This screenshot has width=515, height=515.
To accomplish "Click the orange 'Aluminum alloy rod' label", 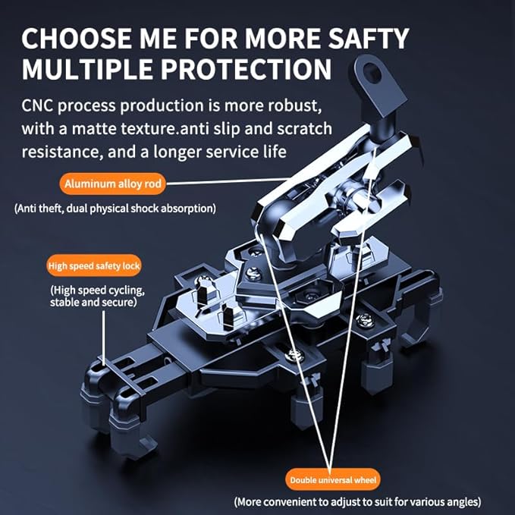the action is (113, 184).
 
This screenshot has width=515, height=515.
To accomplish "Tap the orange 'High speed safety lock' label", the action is (94, 265).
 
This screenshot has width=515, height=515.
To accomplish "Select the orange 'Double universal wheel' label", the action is (332, 480).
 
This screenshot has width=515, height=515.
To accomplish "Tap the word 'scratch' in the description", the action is (304, 128).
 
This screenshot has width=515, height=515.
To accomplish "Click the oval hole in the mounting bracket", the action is (372, 73).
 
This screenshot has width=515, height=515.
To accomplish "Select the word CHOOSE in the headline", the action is (76, 39).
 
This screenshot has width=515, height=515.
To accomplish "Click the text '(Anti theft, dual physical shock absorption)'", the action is (115, 209).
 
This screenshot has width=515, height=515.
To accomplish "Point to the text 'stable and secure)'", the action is (93, 302).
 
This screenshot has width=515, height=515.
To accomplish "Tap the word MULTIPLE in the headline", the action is (87, 69).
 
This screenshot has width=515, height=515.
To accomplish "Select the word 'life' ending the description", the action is (275, 152).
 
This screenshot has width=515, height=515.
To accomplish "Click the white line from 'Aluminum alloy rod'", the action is (228, 181).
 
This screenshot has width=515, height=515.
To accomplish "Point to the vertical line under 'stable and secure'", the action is (104, 338).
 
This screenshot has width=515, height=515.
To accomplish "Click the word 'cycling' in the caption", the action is (125, 290).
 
